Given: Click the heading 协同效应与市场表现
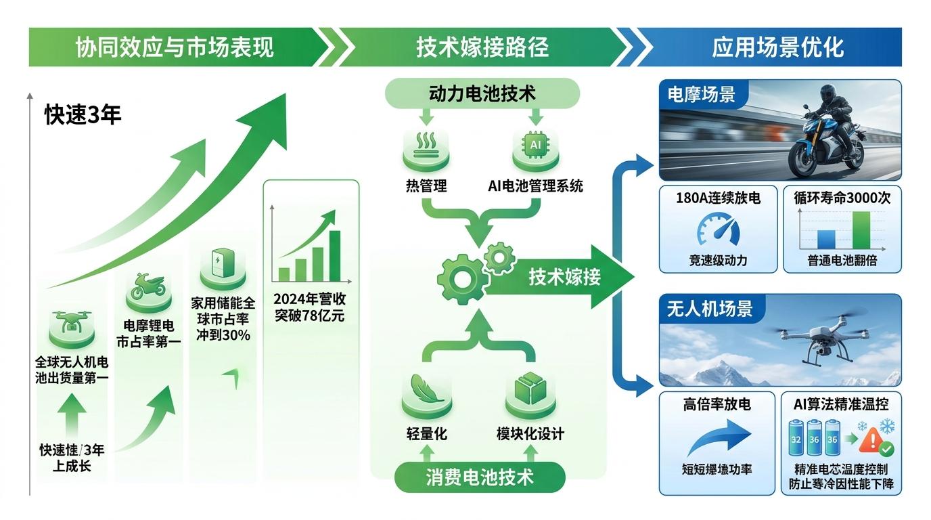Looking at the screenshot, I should (175, 47).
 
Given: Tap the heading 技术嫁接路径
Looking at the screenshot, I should (482, 47).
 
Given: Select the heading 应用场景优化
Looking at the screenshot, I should (778, 47).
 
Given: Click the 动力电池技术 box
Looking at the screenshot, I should (482, 93).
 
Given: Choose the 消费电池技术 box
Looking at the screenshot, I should (480, 477).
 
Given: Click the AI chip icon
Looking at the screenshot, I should (535, 145).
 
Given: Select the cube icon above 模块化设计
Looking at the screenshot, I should (530, 389).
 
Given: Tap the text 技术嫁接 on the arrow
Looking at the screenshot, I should (564, 277).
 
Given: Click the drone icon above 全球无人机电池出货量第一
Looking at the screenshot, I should (71, 322).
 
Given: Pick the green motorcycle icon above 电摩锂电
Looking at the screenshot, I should (148, 286).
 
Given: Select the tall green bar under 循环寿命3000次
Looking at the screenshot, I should (861, 230).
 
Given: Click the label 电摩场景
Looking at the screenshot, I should (701, 94).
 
